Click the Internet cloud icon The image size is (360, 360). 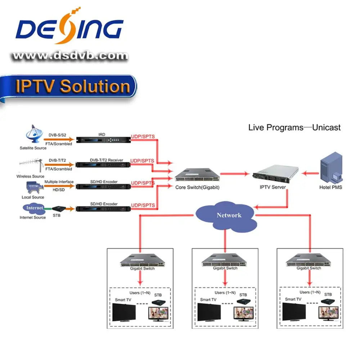click(35, 208)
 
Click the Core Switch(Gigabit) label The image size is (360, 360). click(197, 188)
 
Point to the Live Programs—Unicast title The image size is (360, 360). click(294, 127)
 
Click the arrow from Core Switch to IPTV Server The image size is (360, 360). click(234, 174)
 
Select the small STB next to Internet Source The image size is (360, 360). click(58, 208)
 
